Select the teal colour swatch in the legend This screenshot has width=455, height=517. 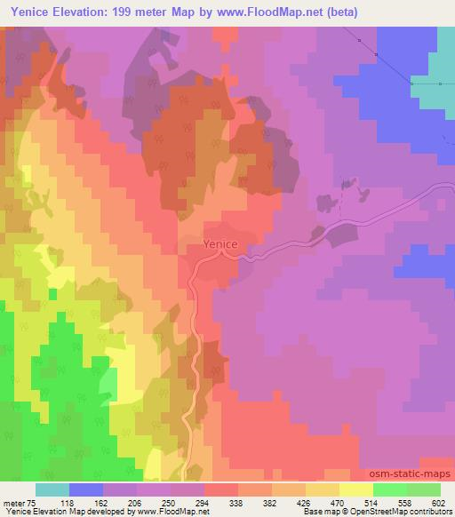click(x=52, y=489)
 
